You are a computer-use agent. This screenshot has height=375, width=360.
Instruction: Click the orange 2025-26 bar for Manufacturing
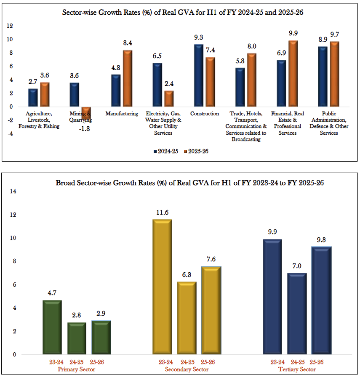(x=127, y=78)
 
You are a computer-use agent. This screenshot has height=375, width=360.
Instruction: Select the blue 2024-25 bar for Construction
(x=199, y=76)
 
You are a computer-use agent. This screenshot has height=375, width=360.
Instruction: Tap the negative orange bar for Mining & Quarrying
(x=86, y=112)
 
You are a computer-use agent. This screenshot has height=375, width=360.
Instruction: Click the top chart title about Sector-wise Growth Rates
(x=183, y=13)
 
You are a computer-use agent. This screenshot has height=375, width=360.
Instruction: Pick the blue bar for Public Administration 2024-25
(x=323, y=77)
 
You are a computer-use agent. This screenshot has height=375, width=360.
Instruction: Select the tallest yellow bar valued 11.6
(x=162, y=287)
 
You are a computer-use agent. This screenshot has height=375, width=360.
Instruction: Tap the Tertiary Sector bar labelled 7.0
(x=297, y=314)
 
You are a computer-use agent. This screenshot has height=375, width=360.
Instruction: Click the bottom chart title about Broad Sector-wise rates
(x=189, y=183)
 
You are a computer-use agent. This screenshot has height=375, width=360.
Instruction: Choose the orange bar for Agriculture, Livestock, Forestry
(x=45, y=95)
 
